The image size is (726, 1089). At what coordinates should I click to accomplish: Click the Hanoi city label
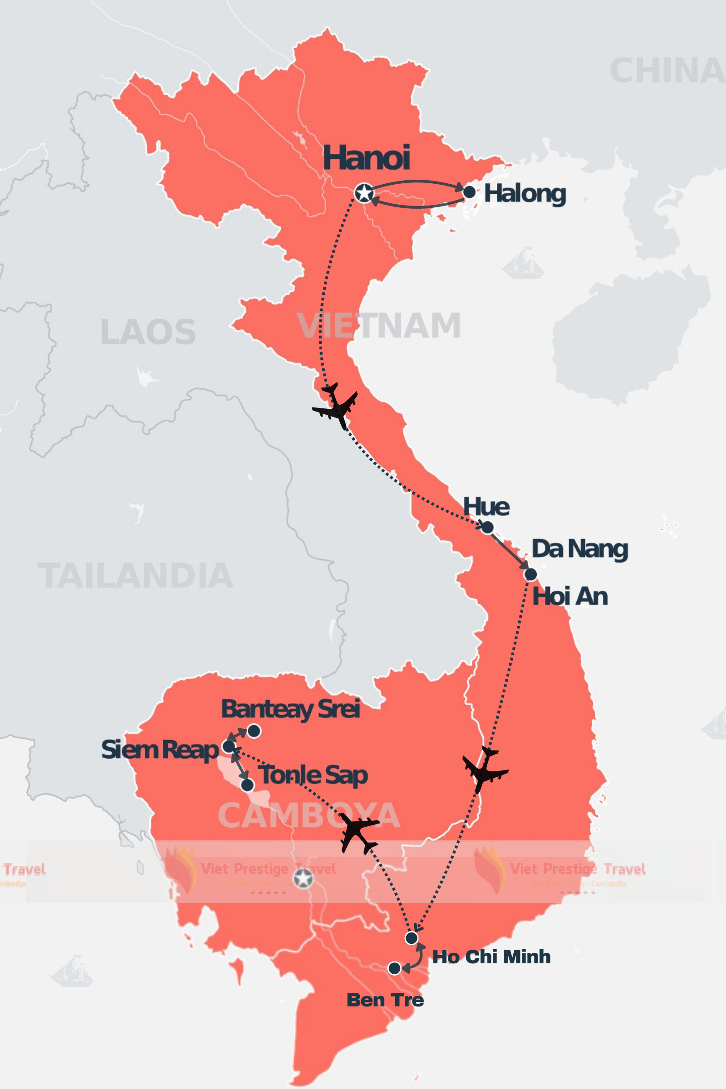366,158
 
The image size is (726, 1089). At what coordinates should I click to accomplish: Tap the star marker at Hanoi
364,193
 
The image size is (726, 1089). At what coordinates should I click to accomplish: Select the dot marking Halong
469,191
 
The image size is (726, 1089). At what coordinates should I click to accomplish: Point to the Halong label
525,194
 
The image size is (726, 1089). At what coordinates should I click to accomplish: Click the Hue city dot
487,527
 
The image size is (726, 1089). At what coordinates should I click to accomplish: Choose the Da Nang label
580,549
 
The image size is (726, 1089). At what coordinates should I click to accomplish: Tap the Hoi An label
570,596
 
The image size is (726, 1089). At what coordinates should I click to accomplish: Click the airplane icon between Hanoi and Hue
335,406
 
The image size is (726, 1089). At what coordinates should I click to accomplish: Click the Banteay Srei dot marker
254,731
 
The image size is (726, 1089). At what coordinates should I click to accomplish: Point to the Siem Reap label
160,750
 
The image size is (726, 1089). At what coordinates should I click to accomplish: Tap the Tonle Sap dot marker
248,785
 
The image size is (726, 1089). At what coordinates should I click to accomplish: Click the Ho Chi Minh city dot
411,938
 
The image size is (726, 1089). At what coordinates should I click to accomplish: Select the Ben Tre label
385,1000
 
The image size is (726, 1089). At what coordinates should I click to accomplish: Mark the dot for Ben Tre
394,968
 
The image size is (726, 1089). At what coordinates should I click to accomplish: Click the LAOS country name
148,332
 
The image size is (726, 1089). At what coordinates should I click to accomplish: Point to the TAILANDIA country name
135,575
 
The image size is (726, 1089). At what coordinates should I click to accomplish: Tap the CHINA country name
667,71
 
